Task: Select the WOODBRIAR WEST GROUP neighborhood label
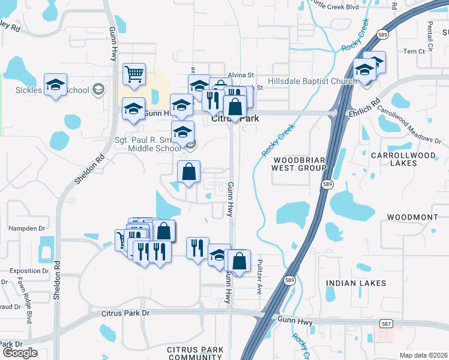300,164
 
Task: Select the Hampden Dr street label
26,229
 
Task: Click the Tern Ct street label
414,52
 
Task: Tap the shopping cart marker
134,75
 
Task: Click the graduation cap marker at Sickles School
56,85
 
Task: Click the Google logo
20,353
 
